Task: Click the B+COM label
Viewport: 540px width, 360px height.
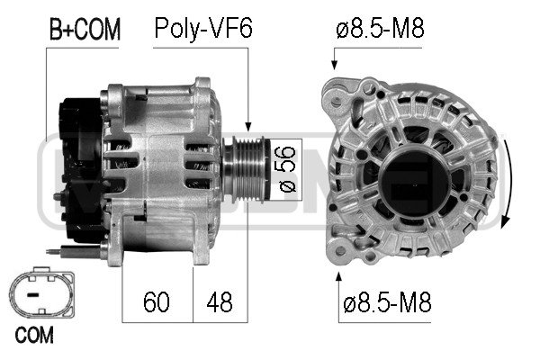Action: click(x=85, y=29)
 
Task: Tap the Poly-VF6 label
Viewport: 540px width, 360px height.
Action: click(x=203, y=28)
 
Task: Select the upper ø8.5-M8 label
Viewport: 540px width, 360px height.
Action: click(x=380, y=28)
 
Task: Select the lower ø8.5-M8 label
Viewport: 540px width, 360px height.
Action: click(x=387, y=301)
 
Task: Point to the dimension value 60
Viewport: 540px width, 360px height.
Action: click(x=157, y=301)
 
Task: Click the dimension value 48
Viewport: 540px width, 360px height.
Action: click(x=220, y=301)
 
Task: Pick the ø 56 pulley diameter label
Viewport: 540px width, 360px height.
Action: click(x=287, y=169)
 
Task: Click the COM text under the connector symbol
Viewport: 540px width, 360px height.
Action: click(x=34, y=335)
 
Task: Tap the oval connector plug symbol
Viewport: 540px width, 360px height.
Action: click(x=41, y=292)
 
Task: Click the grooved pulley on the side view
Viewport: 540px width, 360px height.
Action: click(x=245, y=169)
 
